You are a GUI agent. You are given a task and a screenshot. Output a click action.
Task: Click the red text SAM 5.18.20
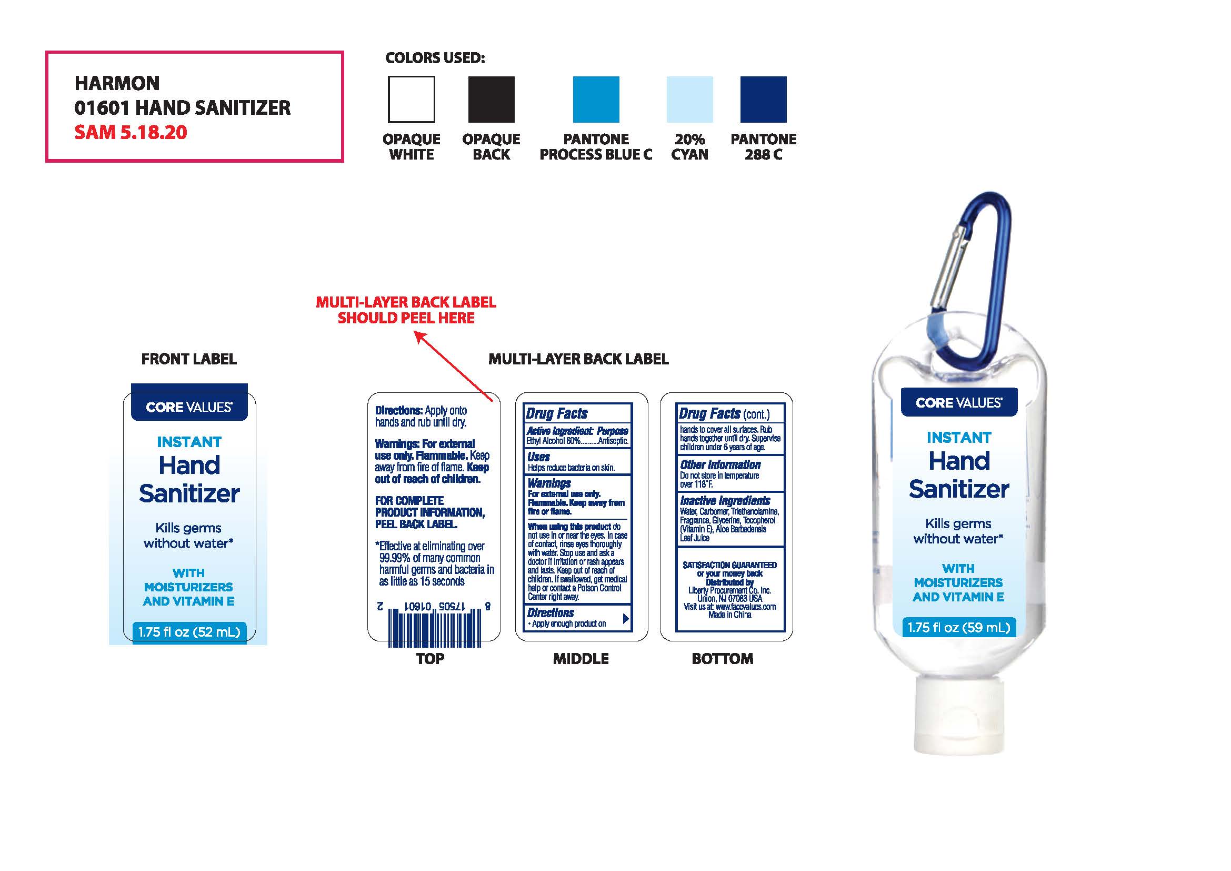point(131,133)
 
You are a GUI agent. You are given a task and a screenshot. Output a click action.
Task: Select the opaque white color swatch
point(411,99)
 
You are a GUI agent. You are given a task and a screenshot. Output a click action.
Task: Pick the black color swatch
point(491,99)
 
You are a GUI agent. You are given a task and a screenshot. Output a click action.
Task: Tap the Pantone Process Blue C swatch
point(596,99)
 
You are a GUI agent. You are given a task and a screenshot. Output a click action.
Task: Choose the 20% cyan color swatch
point(689,99)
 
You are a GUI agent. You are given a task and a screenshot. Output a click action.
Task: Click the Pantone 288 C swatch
point(763,99)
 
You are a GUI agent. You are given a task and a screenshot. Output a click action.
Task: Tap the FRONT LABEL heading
point(189,359)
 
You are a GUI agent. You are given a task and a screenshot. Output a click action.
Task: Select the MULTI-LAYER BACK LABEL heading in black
point(578,359)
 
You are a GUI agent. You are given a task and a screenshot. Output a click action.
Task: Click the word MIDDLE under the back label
point(581,659)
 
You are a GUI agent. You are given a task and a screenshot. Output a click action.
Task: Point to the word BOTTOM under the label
point(722,659)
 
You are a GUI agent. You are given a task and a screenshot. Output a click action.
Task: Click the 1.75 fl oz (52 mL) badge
point(189,632)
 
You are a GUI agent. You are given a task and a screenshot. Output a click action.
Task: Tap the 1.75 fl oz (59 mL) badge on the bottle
point(958,628)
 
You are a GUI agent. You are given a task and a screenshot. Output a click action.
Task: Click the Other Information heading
point(720,465)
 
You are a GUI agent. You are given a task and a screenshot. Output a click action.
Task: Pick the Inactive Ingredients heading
point(725,501)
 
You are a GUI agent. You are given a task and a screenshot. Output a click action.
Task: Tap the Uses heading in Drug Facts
point(538,457)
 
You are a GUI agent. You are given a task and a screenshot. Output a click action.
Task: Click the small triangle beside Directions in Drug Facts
point(626,618)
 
